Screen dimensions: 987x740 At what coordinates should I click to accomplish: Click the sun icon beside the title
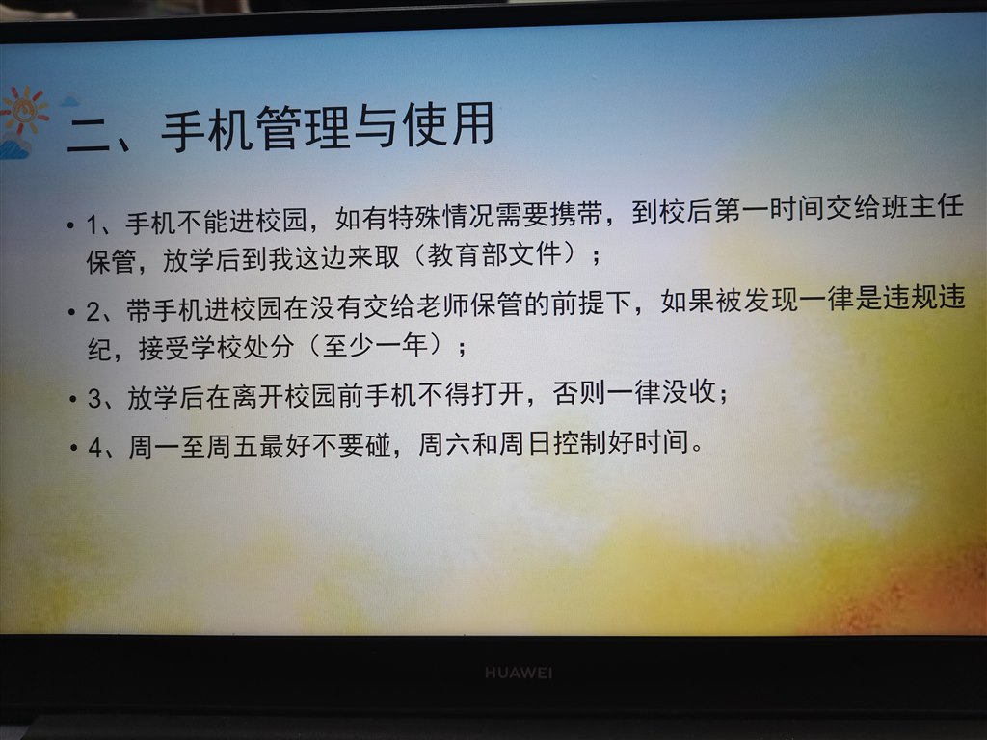[24, 111]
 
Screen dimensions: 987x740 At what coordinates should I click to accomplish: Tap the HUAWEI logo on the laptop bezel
[519, 673]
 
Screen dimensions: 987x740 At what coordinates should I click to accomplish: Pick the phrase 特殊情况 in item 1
[441, 217]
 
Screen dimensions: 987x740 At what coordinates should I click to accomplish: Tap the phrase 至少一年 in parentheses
[375, 346]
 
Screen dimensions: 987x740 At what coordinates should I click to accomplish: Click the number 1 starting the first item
[93, 225]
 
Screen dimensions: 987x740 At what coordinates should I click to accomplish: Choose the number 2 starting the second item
[93, 312]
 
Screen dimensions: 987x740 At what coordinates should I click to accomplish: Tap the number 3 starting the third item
[94, 399]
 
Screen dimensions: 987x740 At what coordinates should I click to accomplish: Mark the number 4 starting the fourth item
[95, 448]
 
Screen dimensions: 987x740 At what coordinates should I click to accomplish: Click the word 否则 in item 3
[579, 393]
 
